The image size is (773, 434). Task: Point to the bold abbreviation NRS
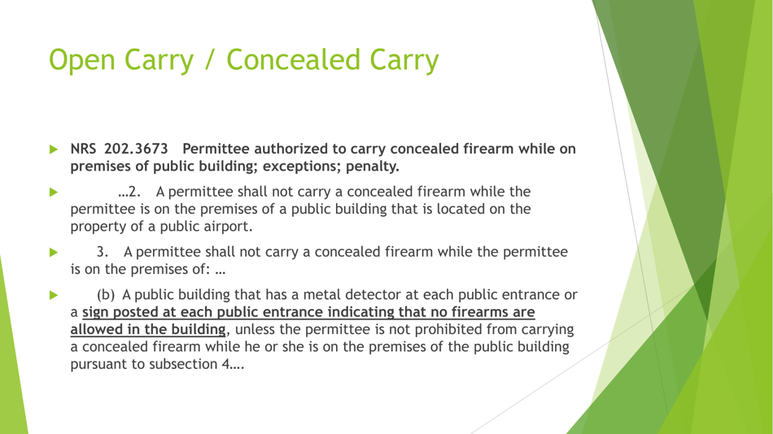85,150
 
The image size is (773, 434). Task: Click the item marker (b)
106,294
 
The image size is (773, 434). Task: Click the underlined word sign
95,312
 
